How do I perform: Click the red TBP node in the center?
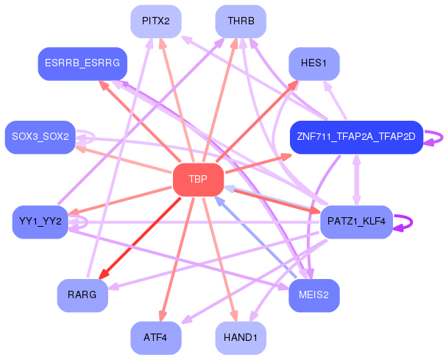click(x=197, y=180)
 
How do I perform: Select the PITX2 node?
click(x=156, y=21)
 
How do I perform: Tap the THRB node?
click(x=241, y=21)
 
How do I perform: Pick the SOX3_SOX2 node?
click(x=40, y=137)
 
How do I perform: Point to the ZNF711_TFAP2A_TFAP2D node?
click(x=355, y=137)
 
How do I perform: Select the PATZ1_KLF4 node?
click(x=356, y=222)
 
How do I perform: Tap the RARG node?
click(x=82, y=295)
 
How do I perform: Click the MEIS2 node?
click(x=314, y=295)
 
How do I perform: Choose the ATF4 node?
click(x=156, y=337)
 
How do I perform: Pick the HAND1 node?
click(x=241, y=337)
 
